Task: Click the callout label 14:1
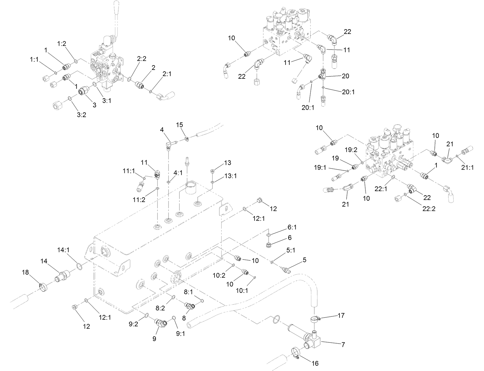pyautogui.click(x=63, y=250)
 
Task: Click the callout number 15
pyautogui.click(x=180, y=125)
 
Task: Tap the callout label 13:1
pyautogui.click(x=230, y=176)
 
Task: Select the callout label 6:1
pyautogui.click(x=292, y=227)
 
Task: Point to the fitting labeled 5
pyautogui.click(x=287, y=269)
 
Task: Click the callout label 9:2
pyautogui.click(x=133, y=324)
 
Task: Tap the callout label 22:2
pyautogui.click(x=429, y=209)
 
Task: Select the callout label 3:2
pyautogui.click(x=81, y=115)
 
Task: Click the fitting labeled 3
pyautogui.click(x=82, y=92)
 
